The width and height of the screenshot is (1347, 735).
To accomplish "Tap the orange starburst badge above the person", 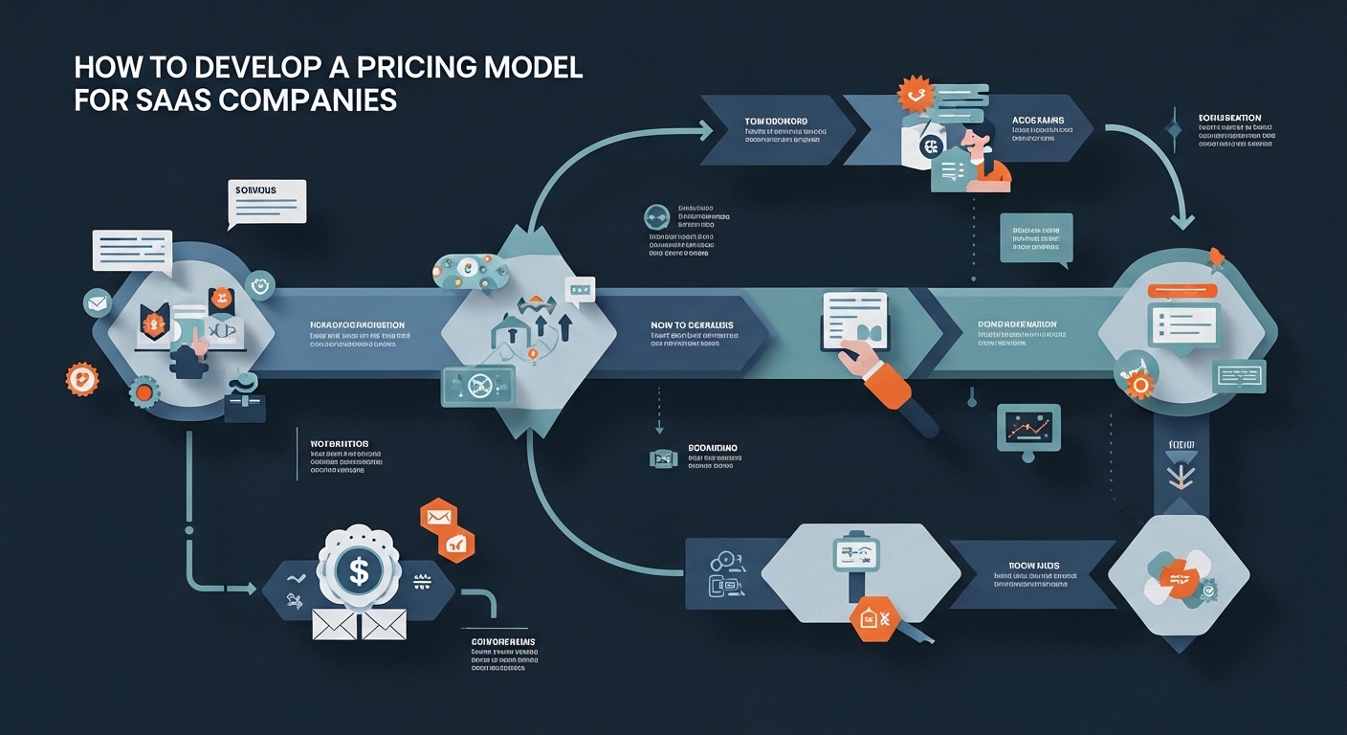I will (914, 96).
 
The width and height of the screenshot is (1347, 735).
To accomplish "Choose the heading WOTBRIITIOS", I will (340, 445).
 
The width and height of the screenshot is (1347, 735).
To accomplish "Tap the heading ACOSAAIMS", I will (1038, 121).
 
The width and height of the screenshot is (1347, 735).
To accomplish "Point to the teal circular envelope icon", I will (98, 303).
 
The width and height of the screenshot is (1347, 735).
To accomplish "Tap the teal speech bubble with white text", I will (1036, 237).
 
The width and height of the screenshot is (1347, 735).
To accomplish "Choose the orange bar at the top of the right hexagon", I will (1182, 290).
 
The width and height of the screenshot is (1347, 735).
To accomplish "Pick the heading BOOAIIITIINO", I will (713, 448).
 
